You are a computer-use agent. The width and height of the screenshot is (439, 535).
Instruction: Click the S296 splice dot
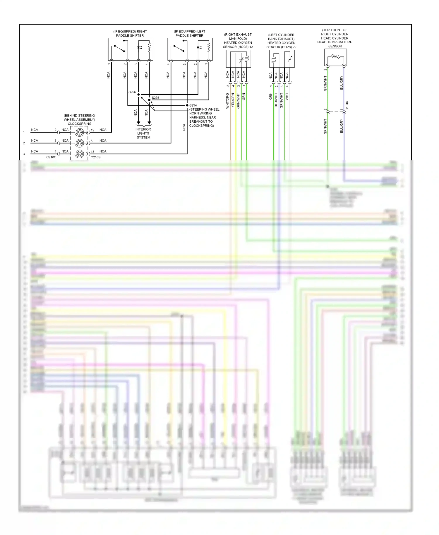[x=138, y=94]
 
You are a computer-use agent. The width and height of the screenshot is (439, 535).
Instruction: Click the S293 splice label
[x=155, y=98]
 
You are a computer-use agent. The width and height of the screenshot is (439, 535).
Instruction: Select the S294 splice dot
[x=187, y=105]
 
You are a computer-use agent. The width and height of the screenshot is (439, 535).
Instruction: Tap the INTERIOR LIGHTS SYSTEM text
[x=143, y=133]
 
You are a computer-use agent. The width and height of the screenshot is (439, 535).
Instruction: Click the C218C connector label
[x=51, y=157]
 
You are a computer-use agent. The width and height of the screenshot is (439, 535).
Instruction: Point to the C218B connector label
[x=95, y=157]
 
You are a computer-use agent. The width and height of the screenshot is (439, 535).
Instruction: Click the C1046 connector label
[x=347, y=106]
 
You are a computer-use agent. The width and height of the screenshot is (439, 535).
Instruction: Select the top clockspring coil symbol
[x=79, y=132]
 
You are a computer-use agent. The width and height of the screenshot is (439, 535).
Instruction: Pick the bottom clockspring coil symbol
[x=79, y=154]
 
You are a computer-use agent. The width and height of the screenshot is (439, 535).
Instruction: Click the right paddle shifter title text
[x=130, y=33]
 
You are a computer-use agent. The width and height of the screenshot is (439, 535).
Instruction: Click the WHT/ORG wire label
[x=227, y=101]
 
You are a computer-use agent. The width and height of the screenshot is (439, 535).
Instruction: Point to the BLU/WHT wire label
[x=276, y=100]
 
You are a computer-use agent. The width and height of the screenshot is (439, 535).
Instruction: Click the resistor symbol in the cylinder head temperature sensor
[x=335, y=56]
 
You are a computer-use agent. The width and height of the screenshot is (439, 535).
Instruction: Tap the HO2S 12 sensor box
[x=238, y=59]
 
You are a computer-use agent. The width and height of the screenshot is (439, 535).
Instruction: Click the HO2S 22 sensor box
[x=282, y=59]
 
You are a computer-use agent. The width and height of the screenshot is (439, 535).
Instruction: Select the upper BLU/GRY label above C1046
[x=342, y=83]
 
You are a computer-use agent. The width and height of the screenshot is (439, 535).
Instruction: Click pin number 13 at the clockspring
[x=92, y=152]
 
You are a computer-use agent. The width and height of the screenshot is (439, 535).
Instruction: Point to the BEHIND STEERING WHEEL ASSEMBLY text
[x=79, y=117]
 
